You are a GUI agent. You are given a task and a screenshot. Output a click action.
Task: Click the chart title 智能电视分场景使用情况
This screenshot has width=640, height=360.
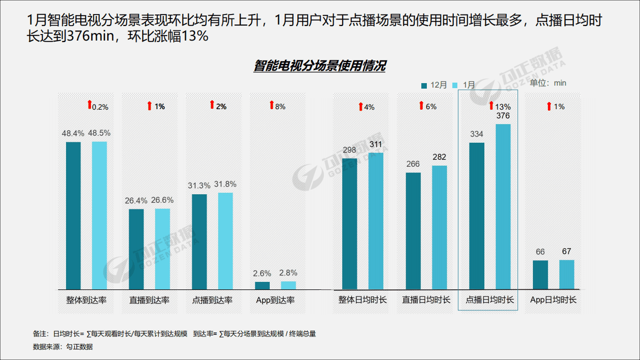point(319,66)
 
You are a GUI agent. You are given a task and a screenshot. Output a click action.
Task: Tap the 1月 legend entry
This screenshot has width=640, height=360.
point(465,85)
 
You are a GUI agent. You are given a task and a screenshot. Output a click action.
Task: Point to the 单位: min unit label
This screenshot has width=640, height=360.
point(548,83)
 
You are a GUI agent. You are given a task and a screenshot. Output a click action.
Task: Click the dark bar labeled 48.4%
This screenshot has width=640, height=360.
point(73,215)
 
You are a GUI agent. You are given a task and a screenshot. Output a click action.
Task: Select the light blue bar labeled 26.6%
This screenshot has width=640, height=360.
point(162,249)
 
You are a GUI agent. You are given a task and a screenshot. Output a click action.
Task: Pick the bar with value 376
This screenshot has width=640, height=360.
point(503,206)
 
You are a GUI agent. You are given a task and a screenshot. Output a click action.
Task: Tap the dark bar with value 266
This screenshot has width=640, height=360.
point(413,231)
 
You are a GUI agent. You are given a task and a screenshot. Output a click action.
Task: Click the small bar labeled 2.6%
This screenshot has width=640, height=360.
point(262,285)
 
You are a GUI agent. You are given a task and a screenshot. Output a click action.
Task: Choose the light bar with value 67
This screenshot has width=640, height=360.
point(566,274)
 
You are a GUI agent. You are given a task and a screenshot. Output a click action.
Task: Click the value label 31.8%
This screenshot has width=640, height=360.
point(225,184)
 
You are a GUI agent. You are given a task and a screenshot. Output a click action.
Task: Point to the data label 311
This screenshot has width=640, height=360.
point(376,145)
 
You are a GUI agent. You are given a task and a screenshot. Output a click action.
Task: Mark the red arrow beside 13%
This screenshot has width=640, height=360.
point(491,106)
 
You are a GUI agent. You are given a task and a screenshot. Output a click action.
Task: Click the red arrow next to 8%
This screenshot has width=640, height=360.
point(272,105)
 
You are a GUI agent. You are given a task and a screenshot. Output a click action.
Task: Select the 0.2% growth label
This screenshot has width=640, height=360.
point(101,107)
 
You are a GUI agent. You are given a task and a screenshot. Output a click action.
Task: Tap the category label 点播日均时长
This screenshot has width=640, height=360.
point(489,300)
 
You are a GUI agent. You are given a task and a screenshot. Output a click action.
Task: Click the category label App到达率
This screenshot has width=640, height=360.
point(275,300)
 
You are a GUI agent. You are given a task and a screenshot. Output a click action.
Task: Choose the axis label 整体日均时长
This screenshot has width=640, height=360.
point(362,300)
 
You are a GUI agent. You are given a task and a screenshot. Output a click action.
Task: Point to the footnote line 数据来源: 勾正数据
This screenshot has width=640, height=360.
point(63,346)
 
